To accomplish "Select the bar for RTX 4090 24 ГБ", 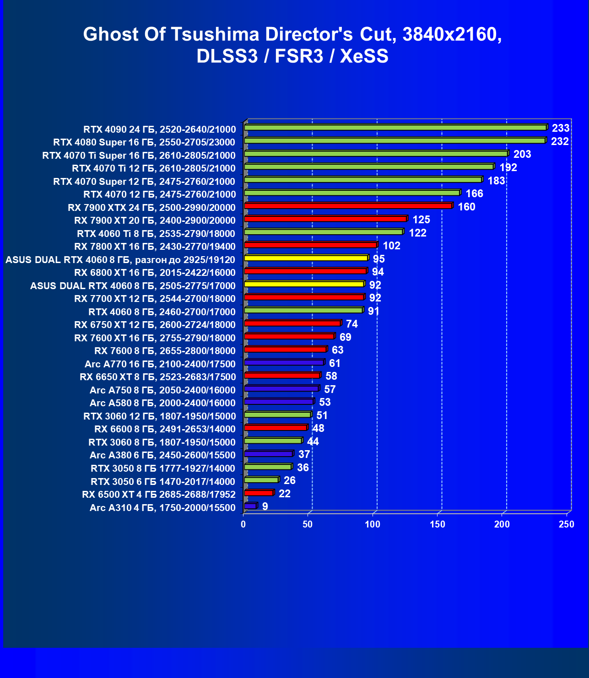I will click(x=396, y=128).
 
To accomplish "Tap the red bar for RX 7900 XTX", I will click(x=348, y=206).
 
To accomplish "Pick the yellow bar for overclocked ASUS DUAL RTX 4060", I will click(x=306, y=258).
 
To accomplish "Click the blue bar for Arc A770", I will click(x=284, y=362).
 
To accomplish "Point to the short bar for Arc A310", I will click(x=250, y=506).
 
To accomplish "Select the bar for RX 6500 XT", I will click(x=259, y=493).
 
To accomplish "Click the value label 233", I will click(x=561, y=128).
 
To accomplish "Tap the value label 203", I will click(x=522, y=154).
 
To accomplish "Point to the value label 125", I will click(x=421, y=220).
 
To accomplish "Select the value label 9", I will click(x=265, y=506).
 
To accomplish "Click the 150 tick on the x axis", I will click(x=438, y=524).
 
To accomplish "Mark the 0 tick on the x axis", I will click(x=243, y=524).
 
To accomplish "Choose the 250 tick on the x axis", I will click(x=567, y=524).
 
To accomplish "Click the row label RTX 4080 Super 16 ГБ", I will click(x=144, y=142).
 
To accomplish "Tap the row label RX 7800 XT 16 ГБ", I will click(x=155, y=247).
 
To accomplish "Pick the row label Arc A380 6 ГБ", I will click(x=162, y=455).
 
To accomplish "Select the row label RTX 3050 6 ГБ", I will click(x=163, y=481).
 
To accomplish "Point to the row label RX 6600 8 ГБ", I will click(x=165, y=429).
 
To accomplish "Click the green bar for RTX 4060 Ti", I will click(x=324, y=232).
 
